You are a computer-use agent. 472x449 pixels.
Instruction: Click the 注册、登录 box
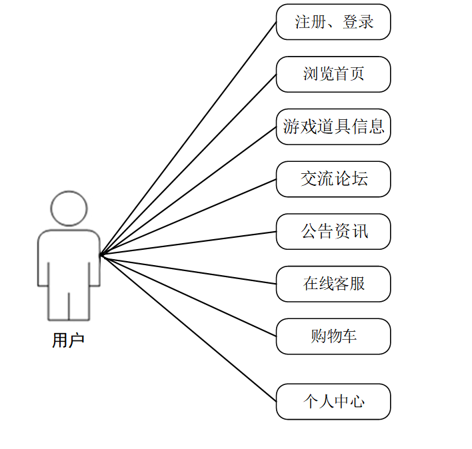333,22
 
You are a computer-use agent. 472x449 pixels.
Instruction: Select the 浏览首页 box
333,74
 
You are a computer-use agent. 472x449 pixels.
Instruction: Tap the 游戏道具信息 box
333,127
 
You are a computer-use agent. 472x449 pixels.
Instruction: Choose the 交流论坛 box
333,179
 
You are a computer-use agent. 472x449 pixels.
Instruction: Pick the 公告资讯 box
333,232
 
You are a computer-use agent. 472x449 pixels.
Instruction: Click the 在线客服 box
333,284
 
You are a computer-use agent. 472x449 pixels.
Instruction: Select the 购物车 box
333,336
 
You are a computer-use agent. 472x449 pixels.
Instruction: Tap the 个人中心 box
333,402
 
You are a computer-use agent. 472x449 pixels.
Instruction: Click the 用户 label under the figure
68,340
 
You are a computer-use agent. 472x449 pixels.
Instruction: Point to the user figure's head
69,209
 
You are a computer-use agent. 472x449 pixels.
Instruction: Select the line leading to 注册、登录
188,139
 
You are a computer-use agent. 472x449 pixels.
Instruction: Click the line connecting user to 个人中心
188,328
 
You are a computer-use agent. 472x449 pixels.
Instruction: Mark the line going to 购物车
188,295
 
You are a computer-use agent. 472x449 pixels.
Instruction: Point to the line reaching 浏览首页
188,165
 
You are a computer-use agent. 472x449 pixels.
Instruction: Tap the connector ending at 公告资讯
188,243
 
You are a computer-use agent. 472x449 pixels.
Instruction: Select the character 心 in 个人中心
357,402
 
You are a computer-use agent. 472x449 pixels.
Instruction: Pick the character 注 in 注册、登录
303,22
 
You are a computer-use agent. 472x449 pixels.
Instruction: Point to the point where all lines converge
100,254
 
